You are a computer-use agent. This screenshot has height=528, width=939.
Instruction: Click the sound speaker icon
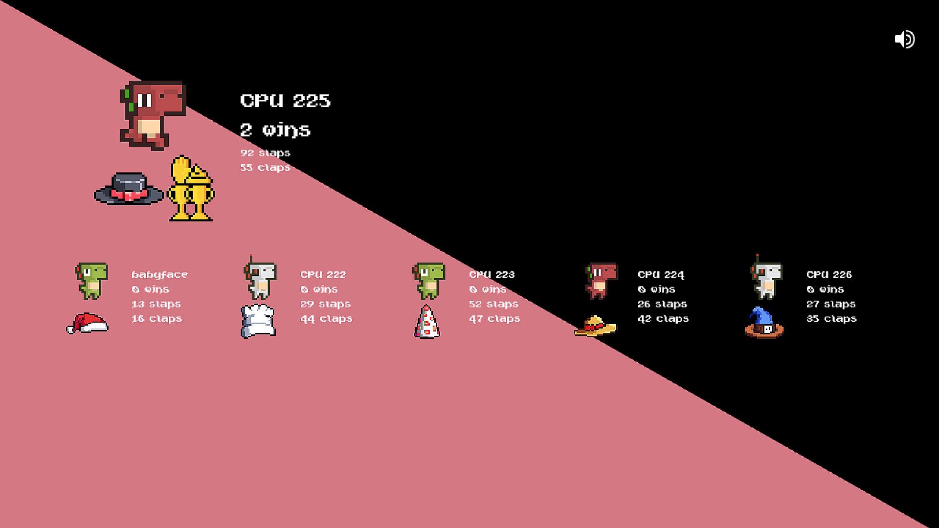click(x=904, y=39)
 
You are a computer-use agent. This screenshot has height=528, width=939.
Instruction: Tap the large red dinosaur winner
click(x=153, y=114)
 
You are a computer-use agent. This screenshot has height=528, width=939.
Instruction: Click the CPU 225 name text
click(x=285, y=101)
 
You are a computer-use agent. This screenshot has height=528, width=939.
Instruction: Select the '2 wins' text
click(x=275, y=130)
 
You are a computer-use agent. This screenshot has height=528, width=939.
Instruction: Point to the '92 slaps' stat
click(x=265, y=153)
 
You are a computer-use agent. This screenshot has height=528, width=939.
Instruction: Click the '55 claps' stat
click(x=265, y=168)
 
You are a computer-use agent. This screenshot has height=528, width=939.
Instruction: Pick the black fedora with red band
click(x=129, y=189)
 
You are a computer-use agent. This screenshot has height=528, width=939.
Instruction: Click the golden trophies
click(x=191, y=189)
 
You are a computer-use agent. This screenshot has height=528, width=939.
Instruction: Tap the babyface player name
click(x=159, y=275)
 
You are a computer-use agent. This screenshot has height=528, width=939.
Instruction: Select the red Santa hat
click(x=88, y=323)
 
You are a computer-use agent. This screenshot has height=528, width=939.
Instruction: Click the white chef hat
click(x=258, y=321)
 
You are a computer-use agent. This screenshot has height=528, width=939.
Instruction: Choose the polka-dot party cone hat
click(x=426, y=322)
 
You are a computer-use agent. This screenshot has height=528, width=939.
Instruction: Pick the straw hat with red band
click(x=595, y=326)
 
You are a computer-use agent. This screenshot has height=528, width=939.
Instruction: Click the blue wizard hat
click(x=764, y=323)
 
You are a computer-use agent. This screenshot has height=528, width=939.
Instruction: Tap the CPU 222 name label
click(x=323, y=275)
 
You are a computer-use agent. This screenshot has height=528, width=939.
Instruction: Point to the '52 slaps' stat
click(x=494, y=304)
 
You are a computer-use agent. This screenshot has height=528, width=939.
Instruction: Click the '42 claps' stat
click(x=663, y=319)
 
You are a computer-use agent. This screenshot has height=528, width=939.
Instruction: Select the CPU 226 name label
click(x=829, y=275)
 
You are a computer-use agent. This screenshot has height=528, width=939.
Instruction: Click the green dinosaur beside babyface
click(x=91, y=281)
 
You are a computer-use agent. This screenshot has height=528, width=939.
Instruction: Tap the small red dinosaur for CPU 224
click(x=602, y=281)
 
